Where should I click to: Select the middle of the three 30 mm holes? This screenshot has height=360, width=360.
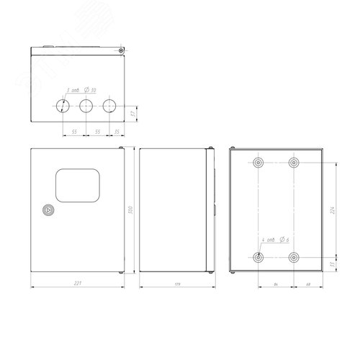(86, 107)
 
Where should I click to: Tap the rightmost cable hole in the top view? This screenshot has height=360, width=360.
(109, 107)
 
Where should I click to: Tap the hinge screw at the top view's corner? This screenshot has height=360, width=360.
(121, 50)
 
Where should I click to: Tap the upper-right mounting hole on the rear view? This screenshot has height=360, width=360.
(293, 163)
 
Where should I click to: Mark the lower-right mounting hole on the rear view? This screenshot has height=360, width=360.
(293, 256)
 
